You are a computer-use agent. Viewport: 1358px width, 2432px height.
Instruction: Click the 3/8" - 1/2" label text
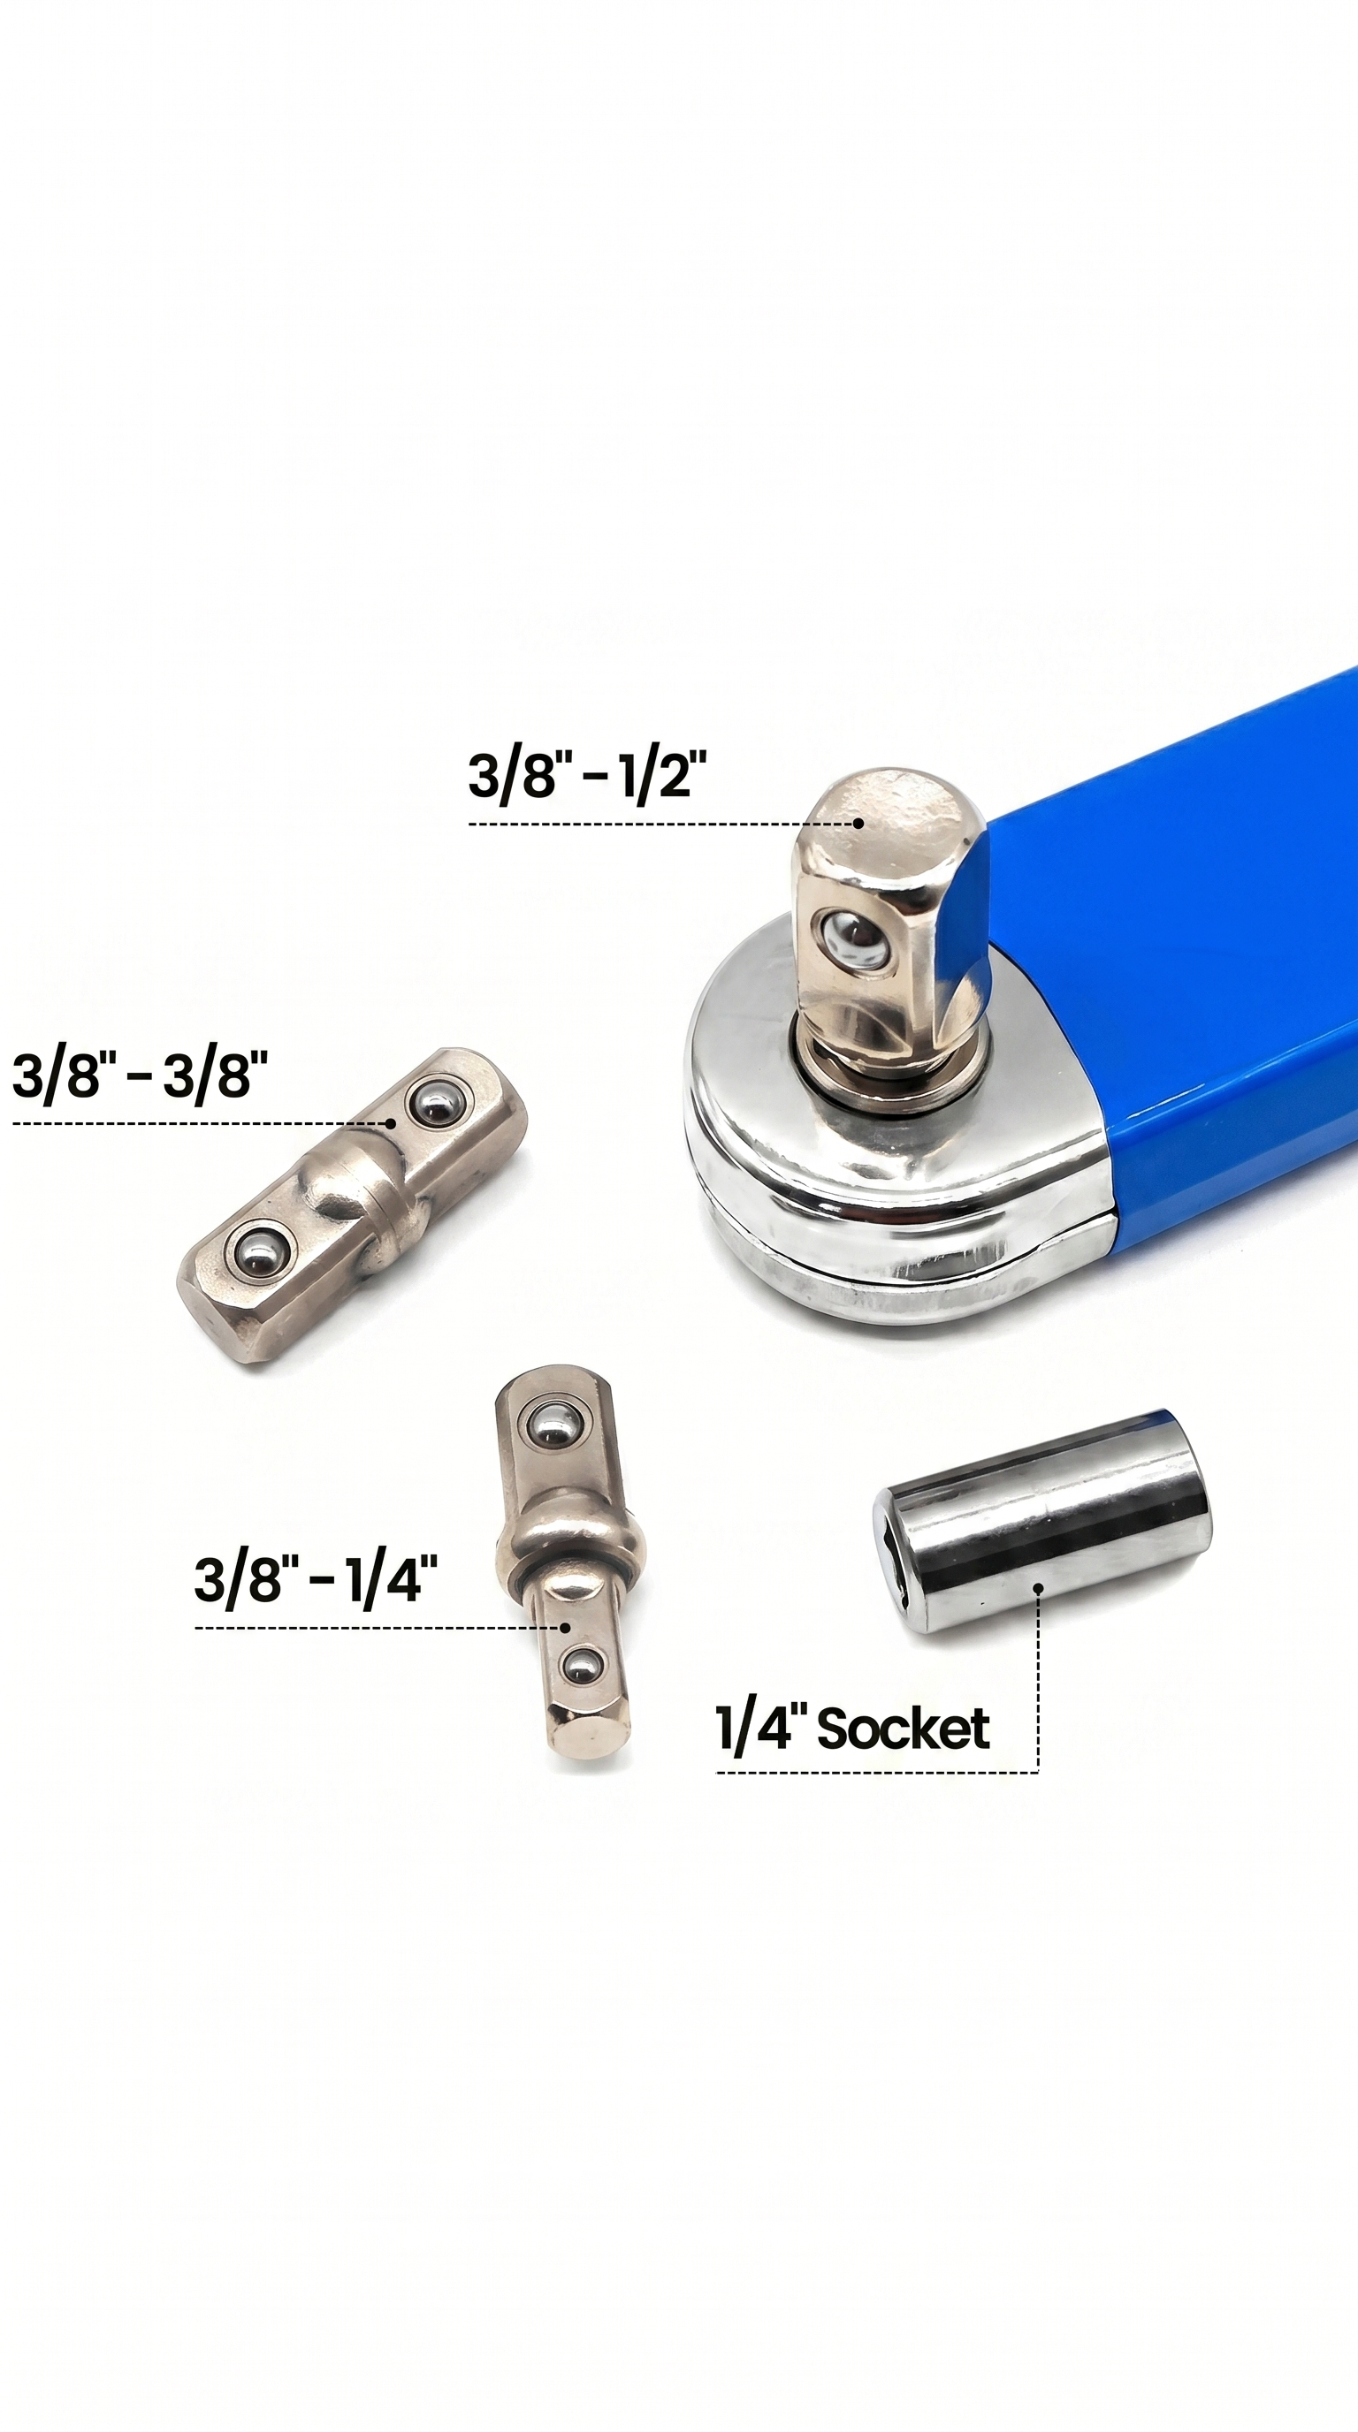pyautogui.click(x=587, y=777)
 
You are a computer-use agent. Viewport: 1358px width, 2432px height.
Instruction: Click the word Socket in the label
pyautogui.click(x=903, y=1729)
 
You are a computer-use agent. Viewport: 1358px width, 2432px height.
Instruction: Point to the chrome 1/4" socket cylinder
pyautogui.click(x=1041, y=1521)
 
